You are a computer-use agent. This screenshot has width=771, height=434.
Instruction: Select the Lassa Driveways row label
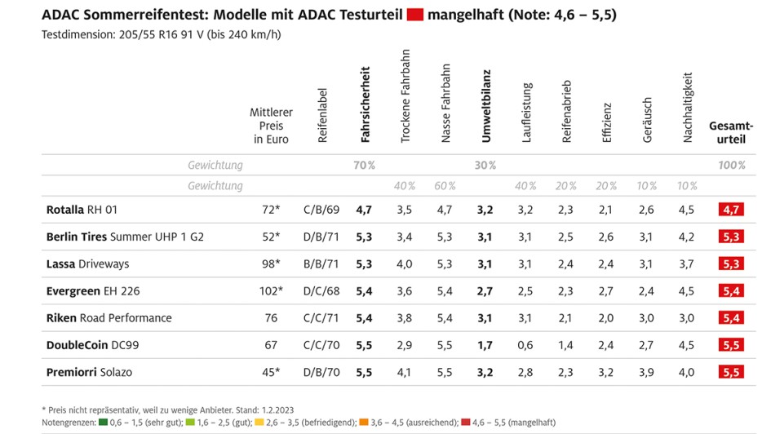(x=87, y=263)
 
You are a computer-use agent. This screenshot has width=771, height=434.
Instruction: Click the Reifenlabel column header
(x=322, y=116)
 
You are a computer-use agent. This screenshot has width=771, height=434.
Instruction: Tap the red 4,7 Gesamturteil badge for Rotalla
(x=731, y=210)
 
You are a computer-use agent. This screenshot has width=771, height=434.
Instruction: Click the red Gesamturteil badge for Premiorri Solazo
(x=731, y=372)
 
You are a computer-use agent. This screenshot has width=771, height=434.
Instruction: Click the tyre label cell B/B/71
(x=319, y=263)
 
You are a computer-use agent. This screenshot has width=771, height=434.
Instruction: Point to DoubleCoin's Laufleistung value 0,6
(x=525, y=345)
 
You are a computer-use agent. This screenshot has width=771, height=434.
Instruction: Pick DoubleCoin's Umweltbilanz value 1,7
(x=485, y=345)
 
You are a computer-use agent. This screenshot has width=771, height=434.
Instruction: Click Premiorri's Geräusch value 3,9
(x=646, y=372)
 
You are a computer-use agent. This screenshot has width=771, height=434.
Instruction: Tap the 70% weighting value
(x=364, y=165)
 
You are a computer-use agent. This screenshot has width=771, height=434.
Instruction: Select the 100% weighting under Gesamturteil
(x=731, y=165)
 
